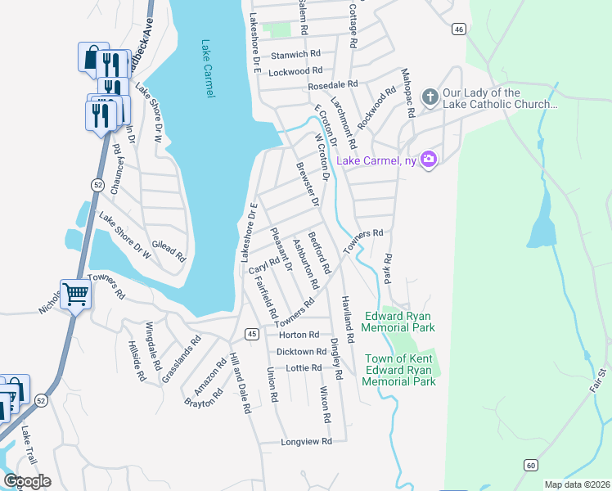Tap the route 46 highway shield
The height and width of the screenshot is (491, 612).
tap(458, 29)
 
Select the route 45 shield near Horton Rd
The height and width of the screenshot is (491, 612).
tap(252, 334)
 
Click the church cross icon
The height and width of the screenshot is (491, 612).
tap(430, 98)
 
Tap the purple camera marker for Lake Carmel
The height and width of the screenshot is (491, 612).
tap(428, 159)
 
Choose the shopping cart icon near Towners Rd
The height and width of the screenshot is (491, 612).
tap(76, 292)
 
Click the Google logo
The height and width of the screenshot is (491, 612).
tap(27, 481)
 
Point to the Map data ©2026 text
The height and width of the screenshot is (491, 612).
tap(577, 484)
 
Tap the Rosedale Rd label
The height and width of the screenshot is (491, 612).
tap(333, 85)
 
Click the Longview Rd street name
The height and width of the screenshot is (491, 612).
tap(306, 441)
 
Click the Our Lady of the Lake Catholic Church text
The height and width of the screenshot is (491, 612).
tap(500, 99)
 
